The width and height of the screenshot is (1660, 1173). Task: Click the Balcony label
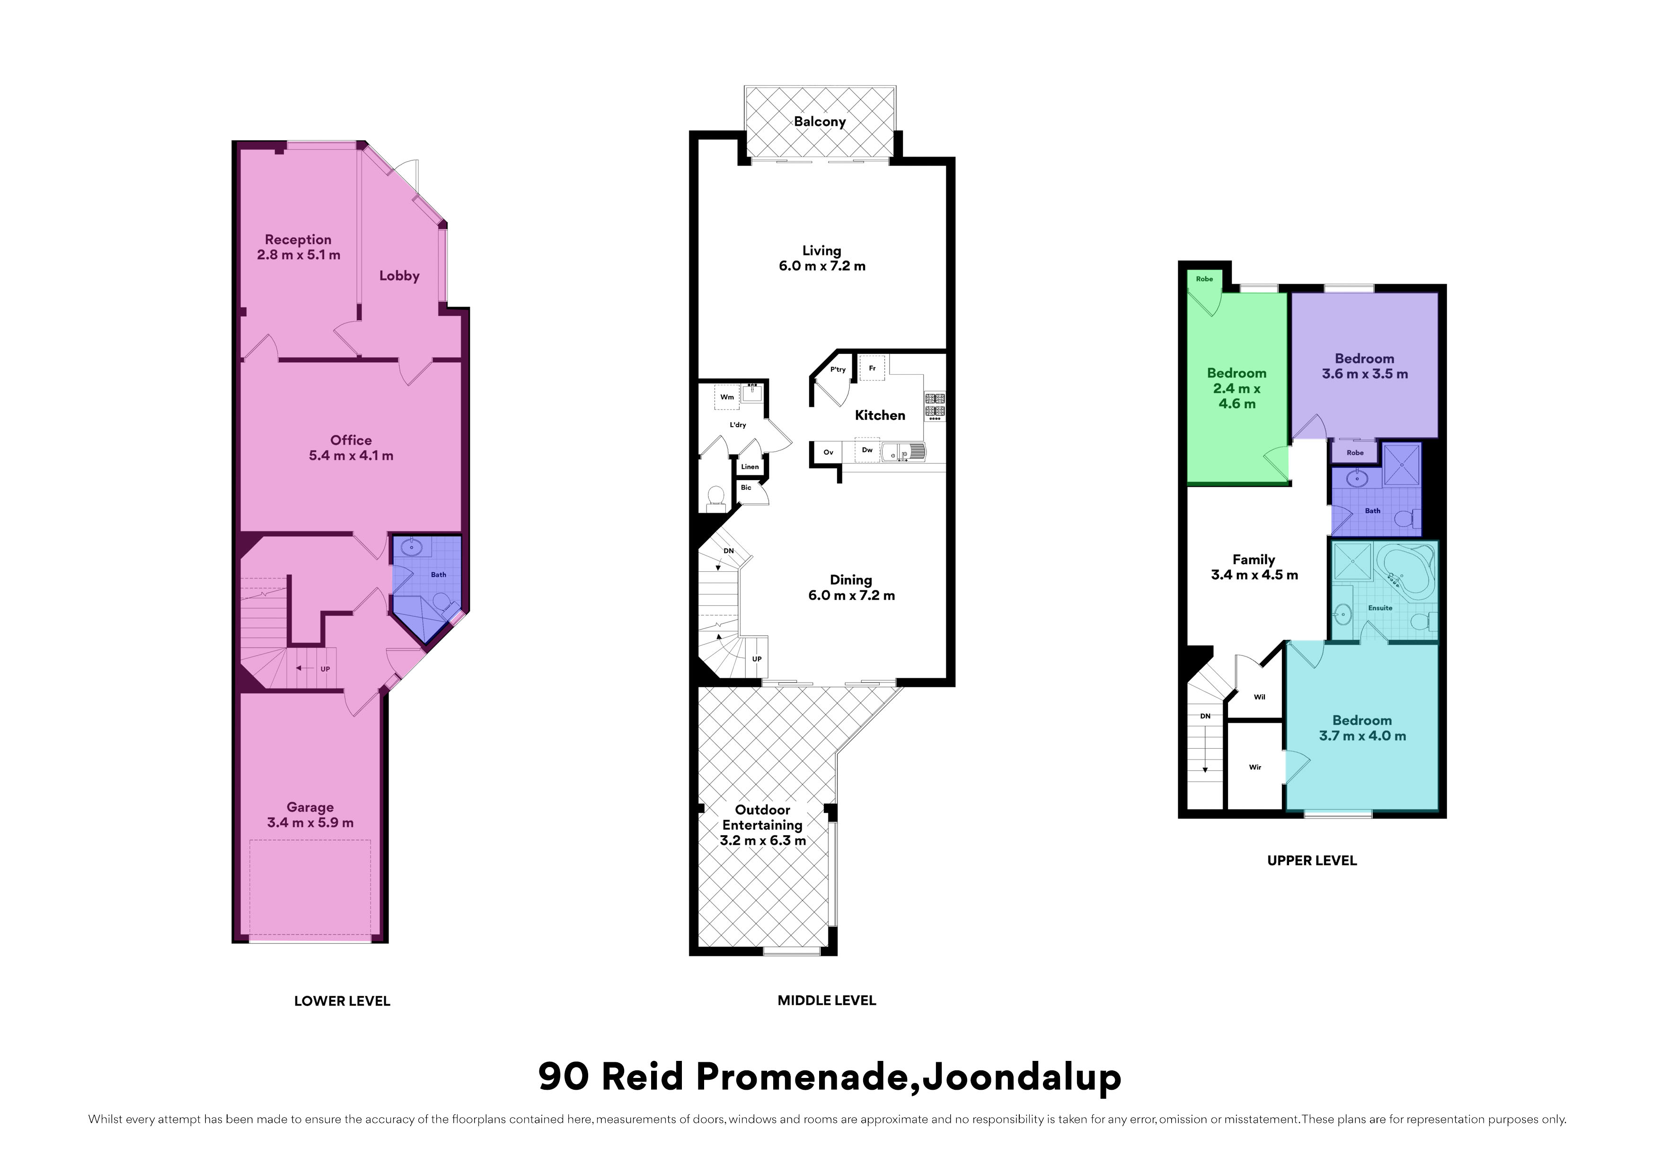coord(820,122)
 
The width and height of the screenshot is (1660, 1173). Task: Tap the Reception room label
coord(298,239)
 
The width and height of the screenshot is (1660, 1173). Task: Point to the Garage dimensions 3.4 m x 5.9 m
coord(310,823)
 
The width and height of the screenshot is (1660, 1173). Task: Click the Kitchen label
coord(880,415)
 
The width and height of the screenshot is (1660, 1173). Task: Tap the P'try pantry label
coord(838,369)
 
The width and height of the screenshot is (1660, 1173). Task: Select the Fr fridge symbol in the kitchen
coord(872,368)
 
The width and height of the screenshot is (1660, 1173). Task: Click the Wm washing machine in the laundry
coord(727,397)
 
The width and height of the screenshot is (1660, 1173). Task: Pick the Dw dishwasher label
coord(867,449)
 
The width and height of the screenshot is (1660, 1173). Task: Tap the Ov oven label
coord(829,453)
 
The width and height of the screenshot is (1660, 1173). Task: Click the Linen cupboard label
coord(750,467)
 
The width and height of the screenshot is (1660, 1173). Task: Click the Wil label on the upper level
coord(1260,698)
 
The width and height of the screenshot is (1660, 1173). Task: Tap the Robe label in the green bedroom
coord(1204,279)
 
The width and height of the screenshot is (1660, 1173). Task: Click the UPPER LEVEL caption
coord(1312,861)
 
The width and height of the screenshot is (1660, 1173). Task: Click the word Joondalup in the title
coord(1022,1077)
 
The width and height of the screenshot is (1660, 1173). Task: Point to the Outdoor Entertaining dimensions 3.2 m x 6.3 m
coord(763,840)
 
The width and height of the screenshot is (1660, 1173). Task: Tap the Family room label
coord(1254,560)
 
